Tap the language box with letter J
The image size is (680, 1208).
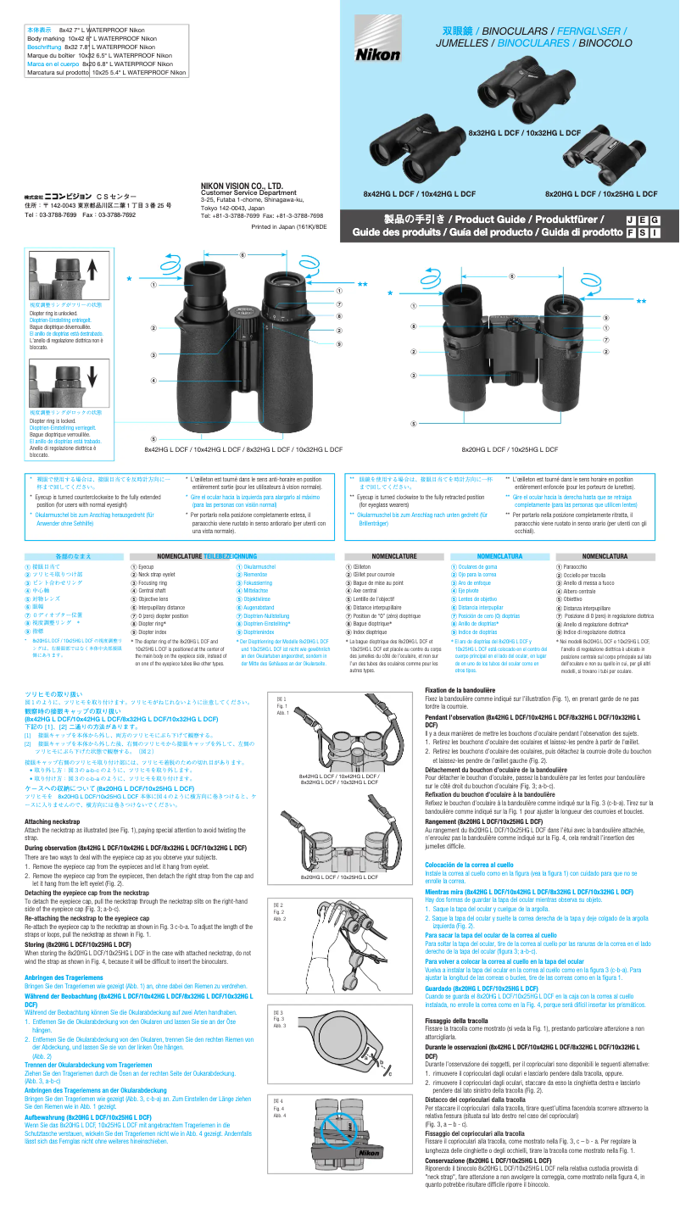pos(630,220)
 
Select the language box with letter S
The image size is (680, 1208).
pos(643,232)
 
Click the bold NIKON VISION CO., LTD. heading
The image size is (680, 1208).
pos(242,185)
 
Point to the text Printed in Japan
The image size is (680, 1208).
pos(289,227)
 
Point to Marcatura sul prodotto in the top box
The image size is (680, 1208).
pos(58,73)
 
